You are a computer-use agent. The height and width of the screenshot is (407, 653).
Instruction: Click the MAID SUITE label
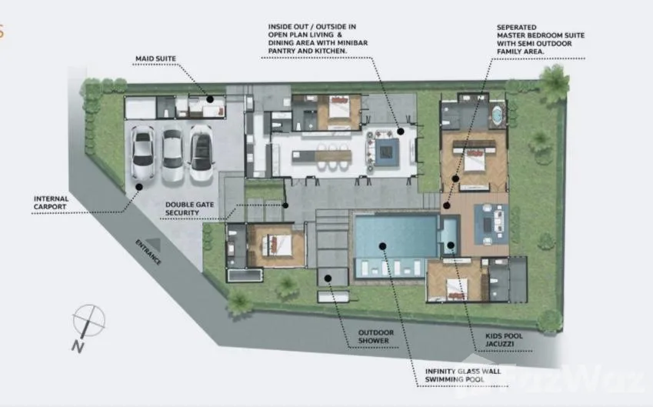click(x=156, y=58)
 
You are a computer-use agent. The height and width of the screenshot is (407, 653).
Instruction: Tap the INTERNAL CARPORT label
click(x=51, y=203)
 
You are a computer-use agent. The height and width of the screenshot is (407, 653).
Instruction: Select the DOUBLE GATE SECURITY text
click(x=189, y=209)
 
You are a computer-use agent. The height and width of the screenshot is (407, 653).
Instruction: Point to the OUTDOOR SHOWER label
click(x=376, y=336)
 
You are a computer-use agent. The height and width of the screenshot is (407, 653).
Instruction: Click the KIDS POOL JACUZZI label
click(x=504, y=340)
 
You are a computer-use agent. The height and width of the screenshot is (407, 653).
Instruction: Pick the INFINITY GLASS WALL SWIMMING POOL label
click(x=463, y=375)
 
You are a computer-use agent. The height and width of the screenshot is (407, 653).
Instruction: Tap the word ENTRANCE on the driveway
click(x=148, y=252)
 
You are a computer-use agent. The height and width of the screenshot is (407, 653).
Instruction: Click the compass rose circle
click(x=88, y=320)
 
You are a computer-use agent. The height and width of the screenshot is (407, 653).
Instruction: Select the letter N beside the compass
click(x=78, y=346)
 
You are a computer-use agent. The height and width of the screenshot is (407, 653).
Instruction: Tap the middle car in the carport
click(x=172, y=154)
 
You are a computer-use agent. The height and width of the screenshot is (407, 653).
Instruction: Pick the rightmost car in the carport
click(x=202, y=153)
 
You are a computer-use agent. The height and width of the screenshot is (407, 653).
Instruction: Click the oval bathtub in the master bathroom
click(x=497, y=114)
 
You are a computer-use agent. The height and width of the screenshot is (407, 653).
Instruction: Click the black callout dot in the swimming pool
click(x=382, y=246)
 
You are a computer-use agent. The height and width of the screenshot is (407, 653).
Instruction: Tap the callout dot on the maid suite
click(x=210, y=99)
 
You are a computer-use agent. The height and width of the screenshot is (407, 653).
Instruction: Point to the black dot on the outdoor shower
click(x=328, y=279)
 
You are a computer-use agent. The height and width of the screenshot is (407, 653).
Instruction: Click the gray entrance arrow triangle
click(x=153, y=245)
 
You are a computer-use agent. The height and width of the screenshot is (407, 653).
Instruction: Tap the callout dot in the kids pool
click(x=451, y=245)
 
